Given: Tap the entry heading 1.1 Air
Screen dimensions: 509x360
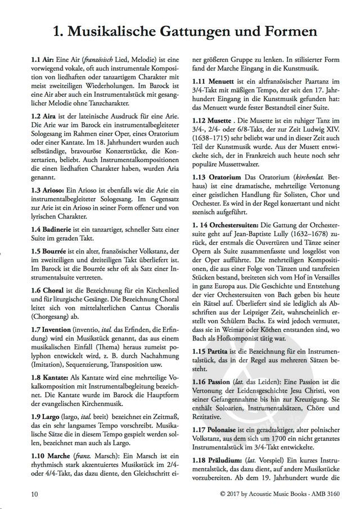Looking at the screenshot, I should [x=42, y=59].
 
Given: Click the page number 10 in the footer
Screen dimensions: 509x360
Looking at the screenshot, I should [x=35, y=493].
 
